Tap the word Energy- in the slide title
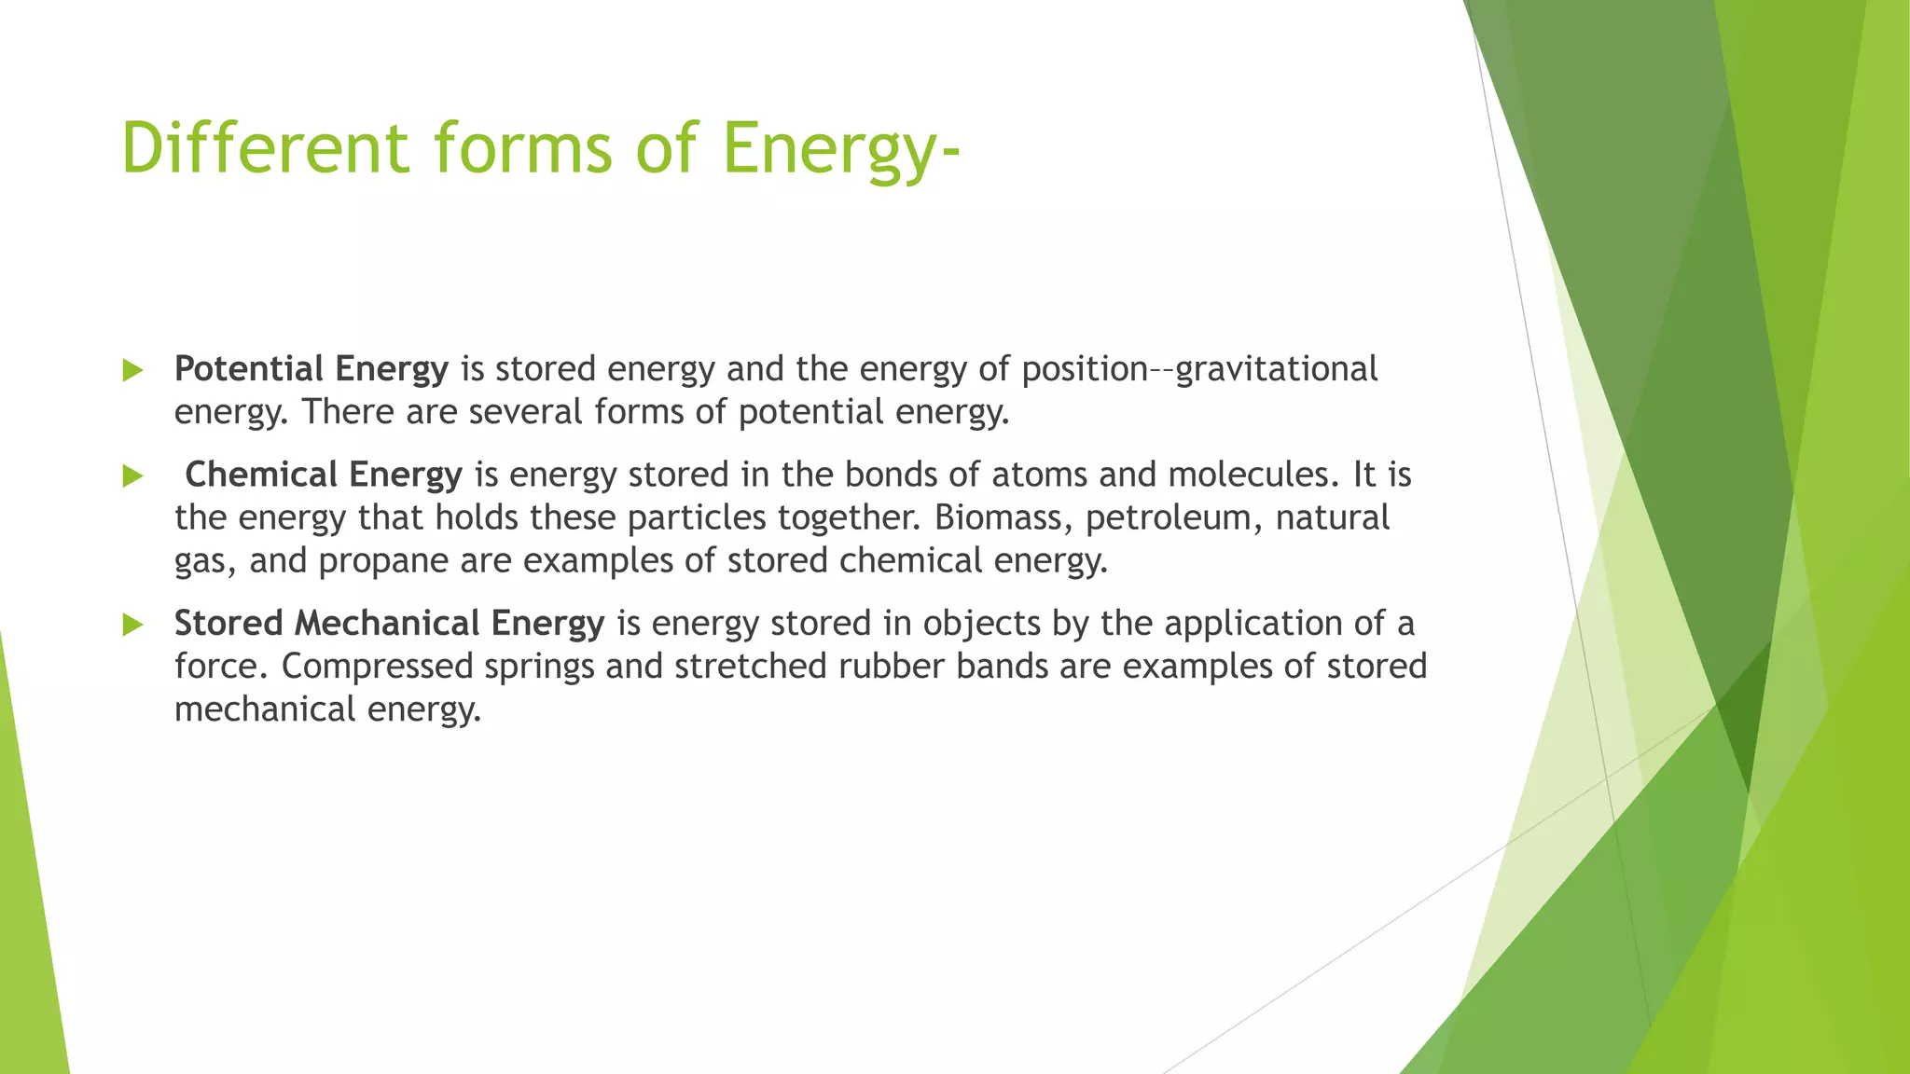(x=840, y=147)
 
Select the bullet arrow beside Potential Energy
(x=133, y=370)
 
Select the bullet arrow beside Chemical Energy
(x=133, y=476)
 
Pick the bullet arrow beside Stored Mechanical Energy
(x=133, y=625)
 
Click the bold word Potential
(x=249, y=369)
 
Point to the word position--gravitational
(x=1199, y=369)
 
